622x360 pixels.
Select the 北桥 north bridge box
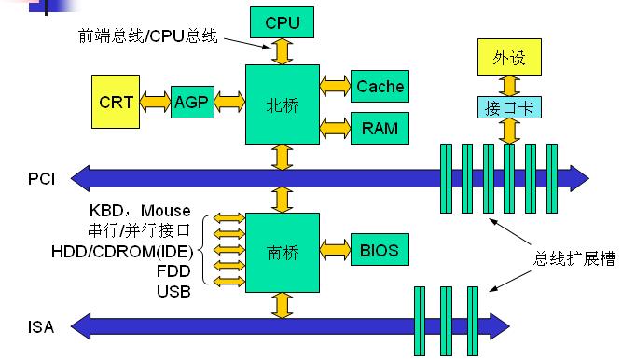(282, 104)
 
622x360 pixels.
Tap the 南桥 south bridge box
(282, 250)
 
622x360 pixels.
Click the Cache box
(380, 87)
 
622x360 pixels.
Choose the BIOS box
(380, 250)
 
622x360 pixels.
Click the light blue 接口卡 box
(508, 106)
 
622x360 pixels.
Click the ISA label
(41, 326)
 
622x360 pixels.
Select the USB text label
(173, 292)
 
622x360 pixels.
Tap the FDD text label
(174, 271)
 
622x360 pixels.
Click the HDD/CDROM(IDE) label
(122, 251)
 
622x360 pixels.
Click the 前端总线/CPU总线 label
(148, 36)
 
